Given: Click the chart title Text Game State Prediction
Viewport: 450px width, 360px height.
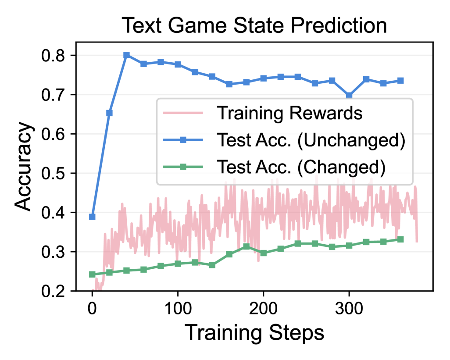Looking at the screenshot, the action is point(254,25).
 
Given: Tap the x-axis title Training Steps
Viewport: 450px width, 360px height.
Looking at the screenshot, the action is point(254,333).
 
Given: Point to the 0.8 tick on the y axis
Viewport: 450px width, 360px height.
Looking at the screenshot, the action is point(53,55).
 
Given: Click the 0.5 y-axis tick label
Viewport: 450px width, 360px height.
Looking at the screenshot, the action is point(53,173).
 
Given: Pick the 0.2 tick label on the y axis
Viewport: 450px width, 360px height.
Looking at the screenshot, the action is point(53,291).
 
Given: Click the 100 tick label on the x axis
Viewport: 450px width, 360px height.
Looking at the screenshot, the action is point(178,308).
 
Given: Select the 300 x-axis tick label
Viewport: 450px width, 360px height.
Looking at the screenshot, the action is point(349,308).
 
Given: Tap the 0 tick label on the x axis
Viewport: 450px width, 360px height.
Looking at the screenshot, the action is point(92,308).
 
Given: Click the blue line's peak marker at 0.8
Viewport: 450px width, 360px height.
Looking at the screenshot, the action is point(126,55).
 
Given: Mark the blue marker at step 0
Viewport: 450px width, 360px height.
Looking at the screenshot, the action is point(92,217).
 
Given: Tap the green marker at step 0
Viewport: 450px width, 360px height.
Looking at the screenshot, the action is point(92,274).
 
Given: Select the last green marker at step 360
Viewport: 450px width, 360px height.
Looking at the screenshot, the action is point(400,239).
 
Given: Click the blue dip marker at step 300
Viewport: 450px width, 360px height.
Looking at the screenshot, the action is point(349,96).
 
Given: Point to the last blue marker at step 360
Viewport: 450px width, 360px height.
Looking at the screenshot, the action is point(400,81).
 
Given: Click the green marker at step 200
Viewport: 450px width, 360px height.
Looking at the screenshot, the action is point(264,253).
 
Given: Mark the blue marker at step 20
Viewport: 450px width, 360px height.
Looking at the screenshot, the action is point(109,113).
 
